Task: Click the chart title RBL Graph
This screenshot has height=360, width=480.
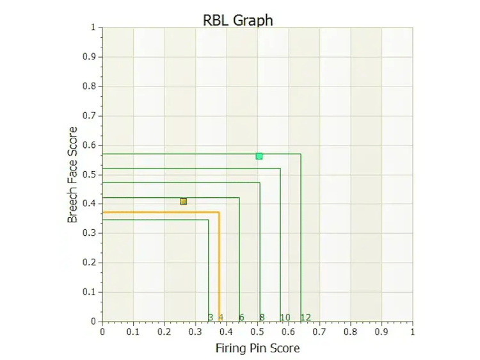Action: (x=238, y=20)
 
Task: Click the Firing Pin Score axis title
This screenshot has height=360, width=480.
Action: (x=257, y=348)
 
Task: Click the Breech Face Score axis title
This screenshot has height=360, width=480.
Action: (x=73, y=175)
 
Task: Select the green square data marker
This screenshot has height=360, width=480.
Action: (x=259, y=156)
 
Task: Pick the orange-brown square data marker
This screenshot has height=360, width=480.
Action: (x=184, y=201)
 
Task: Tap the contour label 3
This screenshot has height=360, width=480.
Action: (x=211, y=317)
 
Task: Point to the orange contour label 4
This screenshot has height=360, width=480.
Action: (x=221, y=317)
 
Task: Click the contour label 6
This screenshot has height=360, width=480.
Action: (x=241, y=317)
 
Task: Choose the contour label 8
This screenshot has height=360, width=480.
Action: (x=262, y=317)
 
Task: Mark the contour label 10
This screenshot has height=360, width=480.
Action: (x=285, y=317)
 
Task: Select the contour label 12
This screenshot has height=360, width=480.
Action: (x=305, y=317)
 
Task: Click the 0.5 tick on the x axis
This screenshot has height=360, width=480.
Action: (x=257, y=332)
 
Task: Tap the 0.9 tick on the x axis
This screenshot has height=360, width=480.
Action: (x=381, y=332)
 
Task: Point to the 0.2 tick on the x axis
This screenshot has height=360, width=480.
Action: (x=164, y=332)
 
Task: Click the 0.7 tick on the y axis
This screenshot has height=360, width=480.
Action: (x=90, y=116)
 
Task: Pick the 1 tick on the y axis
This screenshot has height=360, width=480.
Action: (x=93, y=28)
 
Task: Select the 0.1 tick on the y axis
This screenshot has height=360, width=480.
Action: (x=90, y=292)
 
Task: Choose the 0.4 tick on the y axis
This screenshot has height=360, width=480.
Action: (x=90, y=204)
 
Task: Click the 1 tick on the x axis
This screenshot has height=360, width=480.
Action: (x=412, y=332)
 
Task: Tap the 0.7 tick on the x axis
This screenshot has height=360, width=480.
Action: (x=319, y=332)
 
